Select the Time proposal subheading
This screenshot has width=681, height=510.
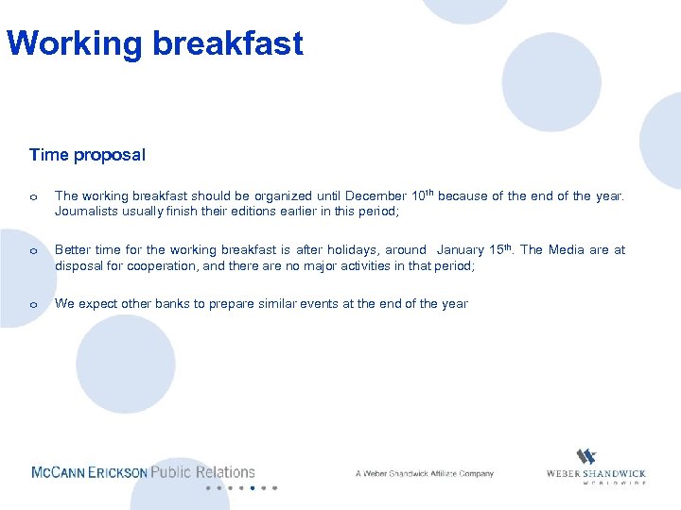click(x=87, y=154)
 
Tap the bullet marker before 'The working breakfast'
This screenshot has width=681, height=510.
click(x=33, y=197)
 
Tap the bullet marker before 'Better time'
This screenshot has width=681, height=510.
click(x=33, y=251)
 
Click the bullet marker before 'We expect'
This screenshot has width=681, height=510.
click(x=33, y=305)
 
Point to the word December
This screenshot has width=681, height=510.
click(x=375, y=196)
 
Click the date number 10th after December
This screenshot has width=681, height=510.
click(x=422, y=195)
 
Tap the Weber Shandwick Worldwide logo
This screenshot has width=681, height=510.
click(x=596, y=467)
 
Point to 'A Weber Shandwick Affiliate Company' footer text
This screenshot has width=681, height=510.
click(x=424, y=473)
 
